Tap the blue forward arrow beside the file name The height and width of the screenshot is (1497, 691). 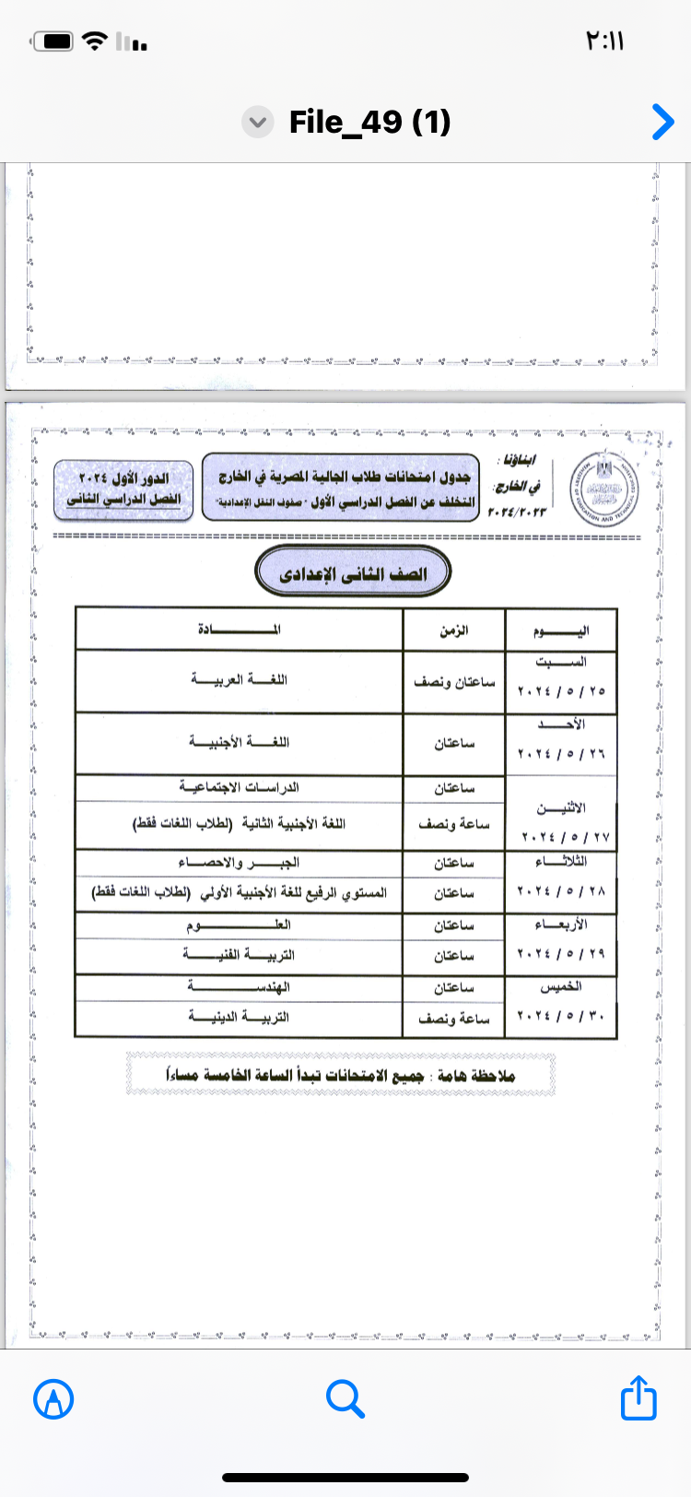click(x=662, y=122)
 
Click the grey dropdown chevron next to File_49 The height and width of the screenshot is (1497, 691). click(x=258, y=123)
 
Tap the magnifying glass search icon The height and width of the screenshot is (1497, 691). click(x=345, y=1399)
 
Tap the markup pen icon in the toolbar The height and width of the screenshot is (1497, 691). click(x=53, y=1399)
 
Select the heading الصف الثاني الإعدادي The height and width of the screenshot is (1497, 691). click(x=353, y=573)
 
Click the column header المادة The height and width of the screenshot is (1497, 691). click(x=240, y=630)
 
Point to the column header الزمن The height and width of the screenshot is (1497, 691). click(x=453, y=631)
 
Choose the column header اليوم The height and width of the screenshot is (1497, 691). click(x=560, y=631)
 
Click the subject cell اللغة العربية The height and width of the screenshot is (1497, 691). click(x=240, y=680)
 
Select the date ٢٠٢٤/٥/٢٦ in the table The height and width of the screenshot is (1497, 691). click(x=560, y=754)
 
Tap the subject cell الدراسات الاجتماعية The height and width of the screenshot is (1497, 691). click(x=240, y=787)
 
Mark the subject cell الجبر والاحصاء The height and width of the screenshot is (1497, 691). click(x=240, y=863)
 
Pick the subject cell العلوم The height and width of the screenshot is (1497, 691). click(x=240, y=925)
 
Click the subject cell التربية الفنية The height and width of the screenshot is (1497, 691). click(x=240, y=955)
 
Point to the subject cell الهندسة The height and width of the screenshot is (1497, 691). click(x=240, y=987)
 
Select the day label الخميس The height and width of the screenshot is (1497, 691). click(x=560, y=987)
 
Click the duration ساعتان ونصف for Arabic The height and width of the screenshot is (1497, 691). click(x=453, y=682)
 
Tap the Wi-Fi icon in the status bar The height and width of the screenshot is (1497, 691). click(x=94, y=41)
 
